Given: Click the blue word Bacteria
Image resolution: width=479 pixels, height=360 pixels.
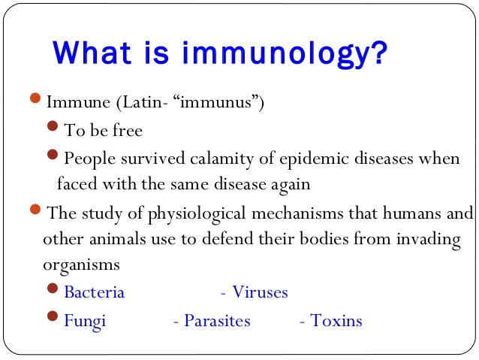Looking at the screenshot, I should click(x=94, y=293).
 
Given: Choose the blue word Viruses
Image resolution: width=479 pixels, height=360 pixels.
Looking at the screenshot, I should click(x=260, y=293).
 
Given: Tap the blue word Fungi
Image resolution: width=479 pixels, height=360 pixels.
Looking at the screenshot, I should click(x=85, y=322).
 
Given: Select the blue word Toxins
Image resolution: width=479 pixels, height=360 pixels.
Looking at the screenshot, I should click(x=336, y=322).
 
